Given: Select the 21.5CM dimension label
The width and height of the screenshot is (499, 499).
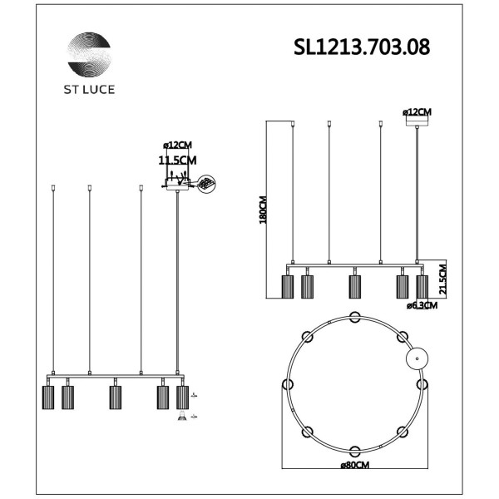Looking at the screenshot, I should coord(442,278).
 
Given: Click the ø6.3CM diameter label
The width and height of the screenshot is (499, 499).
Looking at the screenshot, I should coord(422,305).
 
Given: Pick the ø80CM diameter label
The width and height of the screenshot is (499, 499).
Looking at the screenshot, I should coord(355,464).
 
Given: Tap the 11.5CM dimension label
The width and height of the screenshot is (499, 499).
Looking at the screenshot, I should coord(177,160).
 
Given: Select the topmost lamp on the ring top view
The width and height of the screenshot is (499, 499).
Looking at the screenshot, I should coord(355,315).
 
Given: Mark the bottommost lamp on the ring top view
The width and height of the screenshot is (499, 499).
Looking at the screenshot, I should coord(355,451).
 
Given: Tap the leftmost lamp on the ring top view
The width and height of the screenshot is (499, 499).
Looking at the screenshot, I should coord(288,383).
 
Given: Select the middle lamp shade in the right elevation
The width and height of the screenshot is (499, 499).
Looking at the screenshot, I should coord(355,287).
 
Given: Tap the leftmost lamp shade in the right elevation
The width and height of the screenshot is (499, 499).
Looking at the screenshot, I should coord(288,287).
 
